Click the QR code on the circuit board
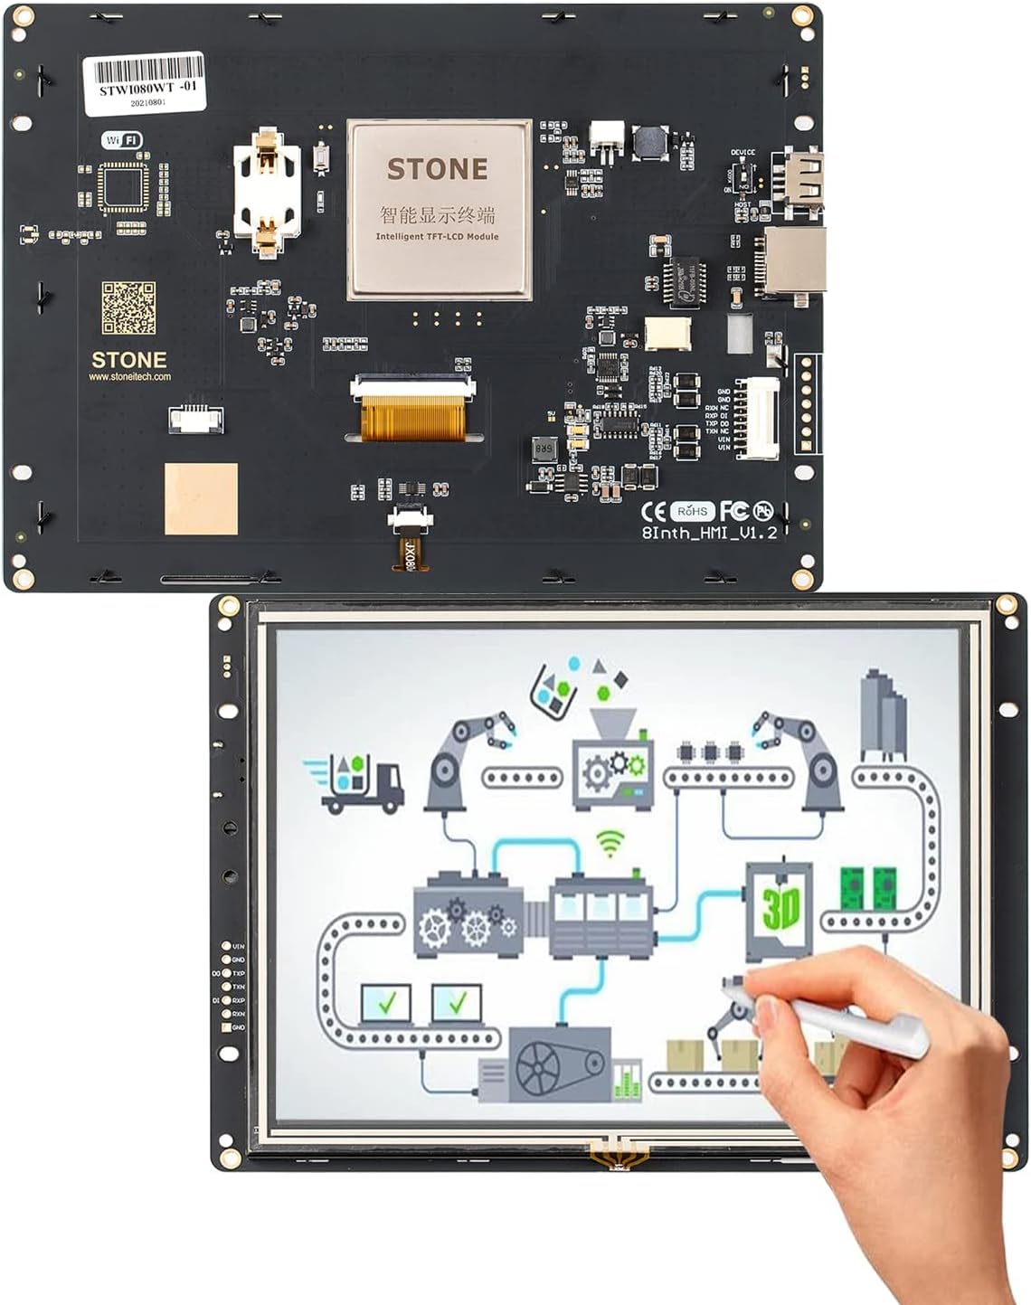128,307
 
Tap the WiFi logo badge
122,139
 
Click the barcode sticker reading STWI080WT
145,83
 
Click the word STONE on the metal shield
438,169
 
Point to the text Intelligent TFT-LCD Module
438,237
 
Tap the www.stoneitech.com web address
129,376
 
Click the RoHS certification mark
692,511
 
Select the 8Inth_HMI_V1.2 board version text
709,533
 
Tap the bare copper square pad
201,498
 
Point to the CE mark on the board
653,511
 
